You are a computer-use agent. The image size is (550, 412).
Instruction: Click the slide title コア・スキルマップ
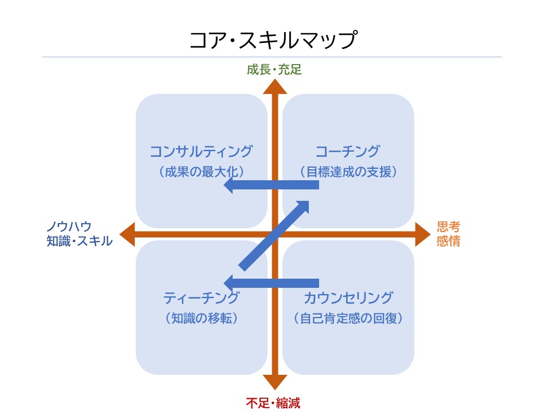(x=274, y=41)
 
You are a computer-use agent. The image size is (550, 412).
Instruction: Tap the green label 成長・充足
(x=274, y=70)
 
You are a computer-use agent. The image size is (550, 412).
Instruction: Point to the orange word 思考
(x=448, y=227)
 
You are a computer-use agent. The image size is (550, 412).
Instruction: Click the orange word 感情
(x=448, y=241)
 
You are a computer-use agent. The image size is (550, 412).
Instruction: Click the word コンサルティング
(x=201, y=152)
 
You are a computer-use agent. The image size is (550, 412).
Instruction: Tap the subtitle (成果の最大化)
(x=201, y=171)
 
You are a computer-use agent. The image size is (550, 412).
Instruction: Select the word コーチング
(x=348, y=152)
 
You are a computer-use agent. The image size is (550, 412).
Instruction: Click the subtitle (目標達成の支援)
(x=348, y=171)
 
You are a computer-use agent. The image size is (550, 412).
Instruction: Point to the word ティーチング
(x=201, y=298)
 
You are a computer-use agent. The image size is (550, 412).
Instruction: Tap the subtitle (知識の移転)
(x=201, y=318)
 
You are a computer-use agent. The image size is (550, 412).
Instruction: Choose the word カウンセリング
(x=348, y=298)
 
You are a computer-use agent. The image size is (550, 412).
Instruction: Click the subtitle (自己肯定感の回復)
(x=348, y=318)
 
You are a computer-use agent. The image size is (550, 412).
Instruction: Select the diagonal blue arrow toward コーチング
(x=275, y=235)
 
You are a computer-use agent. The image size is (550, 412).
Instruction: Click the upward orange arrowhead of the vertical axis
(x=275, y=87)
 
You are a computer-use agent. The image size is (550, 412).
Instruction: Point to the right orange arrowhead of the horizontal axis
(x=422, y=235)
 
